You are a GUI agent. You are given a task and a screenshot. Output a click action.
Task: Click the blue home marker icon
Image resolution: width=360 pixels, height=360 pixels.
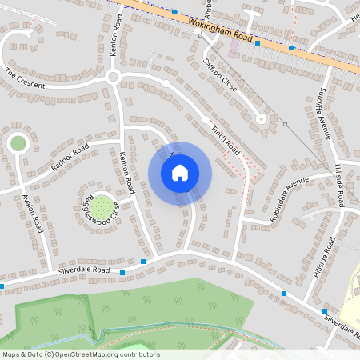click(x=180, y=172)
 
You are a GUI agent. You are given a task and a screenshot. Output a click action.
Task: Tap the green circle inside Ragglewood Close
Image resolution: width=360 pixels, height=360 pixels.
click(x=100, y=208)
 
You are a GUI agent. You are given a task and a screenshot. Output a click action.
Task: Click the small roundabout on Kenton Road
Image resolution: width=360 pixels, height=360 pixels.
click(x=113, y=77)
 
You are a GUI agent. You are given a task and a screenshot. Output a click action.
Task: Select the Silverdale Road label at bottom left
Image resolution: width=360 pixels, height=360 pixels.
click(x=83, y=272)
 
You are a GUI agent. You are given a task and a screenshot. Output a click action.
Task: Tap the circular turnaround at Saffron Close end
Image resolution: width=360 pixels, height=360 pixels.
click(x=260, y=118)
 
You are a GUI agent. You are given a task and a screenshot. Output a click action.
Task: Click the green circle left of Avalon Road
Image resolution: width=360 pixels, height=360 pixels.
click(x=18, y=143)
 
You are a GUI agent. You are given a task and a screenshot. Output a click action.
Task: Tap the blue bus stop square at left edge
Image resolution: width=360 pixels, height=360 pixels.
click(x=2, y=286)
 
